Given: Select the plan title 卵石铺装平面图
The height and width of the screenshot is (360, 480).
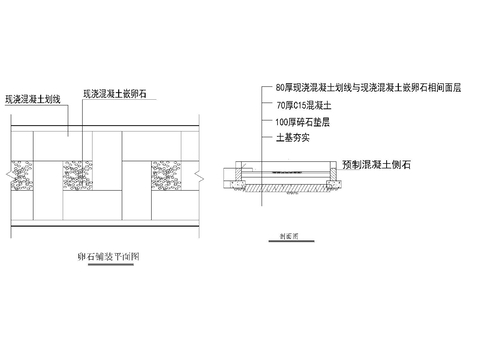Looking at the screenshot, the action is click(108, 256).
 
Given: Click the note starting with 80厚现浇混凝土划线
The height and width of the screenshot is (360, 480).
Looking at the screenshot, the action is click(355, 86).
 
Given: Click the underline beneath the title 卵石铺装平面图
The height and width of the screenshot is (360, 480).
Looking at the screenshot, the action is click(108, 264).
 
